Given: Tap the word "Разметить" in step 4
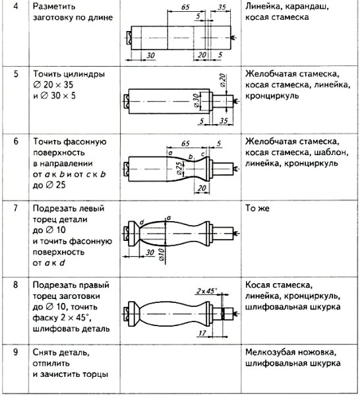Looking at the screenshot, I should [x=53, y=6].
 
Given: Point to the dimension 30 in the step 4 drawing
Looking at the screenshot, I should [x=151, y=55].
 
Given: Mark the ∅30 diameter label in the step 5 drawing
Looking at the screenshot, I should [x=196, y=100].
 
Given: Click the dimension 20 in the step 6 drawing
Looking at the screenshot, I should [x=202, y=188].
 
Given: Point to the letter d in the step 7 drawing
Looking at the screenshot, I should [x=140, y=221].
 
